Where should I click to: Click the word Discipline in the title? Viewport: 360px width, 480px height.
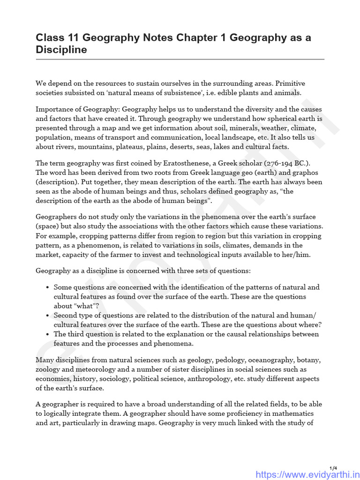click(x=61, y=50)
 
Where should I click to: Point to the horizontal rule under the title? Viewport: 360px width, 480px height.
click(x=180, y=60)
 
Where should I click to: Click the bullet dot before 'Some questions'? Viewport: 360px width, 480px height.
click(x=48, y=287)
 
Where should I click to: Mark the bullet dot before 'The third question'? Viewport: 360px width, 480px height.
click(x=48, y=334)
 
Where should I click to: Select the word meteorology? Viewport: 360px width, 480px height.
click(x=81, y=369)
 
